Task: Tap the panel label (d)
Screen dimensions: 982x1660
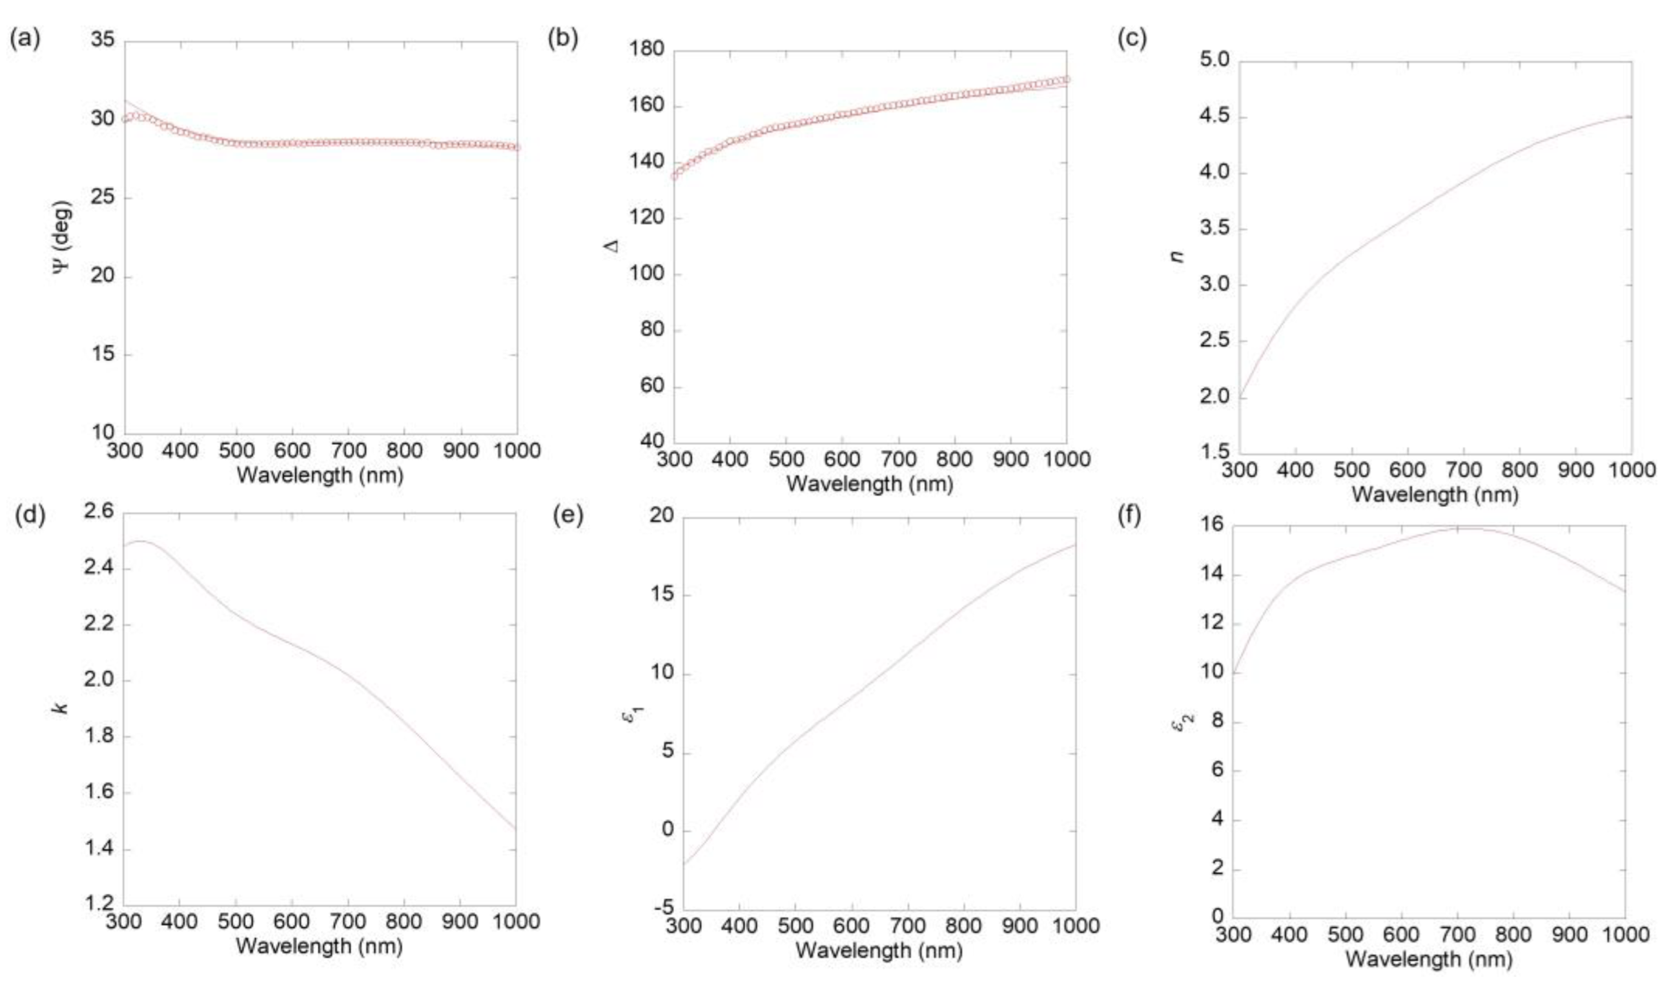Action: click(30, 516)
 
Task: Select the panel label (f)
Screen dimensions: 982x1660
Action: click(1129, 516)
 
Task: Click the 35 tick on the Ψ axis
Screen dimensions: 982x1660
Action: click(103, 41)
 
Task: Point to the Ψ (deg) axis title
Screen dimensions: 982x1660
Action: click(63, 237)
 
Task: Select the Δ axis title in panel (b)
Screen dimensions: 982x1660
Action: click(613, 245)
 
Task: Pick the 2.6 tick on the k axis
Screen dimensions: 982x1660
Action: click(99, 511)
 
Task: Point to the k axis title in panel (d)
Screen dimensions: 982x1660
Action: click(61, 708)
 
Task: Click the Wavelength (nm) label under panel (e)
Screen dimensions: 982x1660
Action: click(879, 950)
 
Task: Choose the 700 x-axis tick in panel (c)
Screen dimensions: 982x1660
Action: click(1463, 471)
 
